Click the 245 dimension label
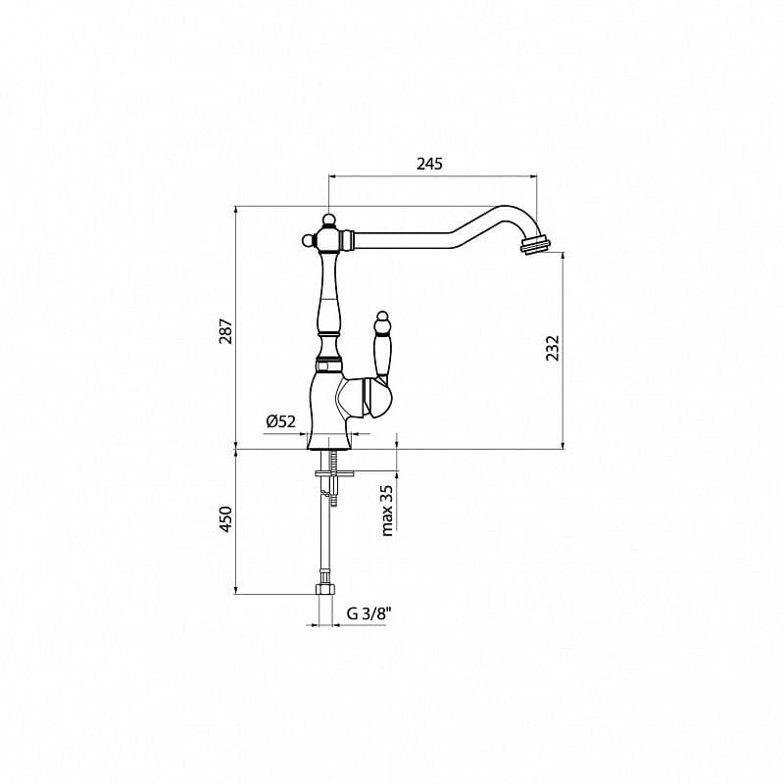coord(429,164)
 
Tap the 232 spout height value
coord(552,347)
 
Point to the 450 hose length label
coord(224,518)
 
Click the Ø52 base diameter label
coord(280,421)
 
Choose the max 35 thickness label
coord(387,510)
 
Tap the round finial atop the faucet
coord(329,218)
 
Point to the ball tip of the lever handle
coord(381,318)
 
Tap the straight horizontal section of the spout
coord(402,238)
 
